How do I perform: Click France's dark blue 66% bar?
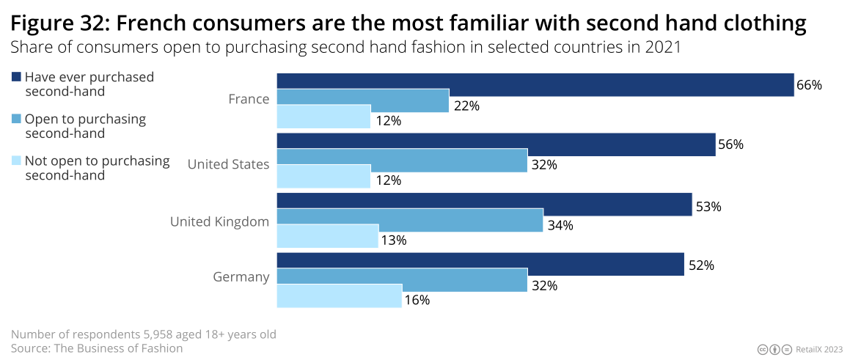point(535,84)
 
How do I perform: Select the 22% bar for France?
point(362,100)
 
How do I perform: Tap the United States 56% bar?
point(496,144)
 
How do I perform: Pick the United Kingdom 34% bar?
point(410,220)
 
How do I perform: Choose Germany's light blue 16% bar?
point(339,295)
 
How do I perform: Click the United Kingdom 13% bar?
point(327,235)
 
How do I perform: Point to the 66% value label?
point(809,85)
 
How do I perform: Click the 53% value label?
point(708,207)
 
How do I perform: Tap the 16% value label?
point(417,300)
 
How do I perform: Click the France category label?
point(249,99)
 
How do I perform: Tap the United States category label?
point(228,164)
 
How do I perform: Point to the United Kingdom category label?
point(219,221)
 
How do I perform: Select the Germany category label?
point(241,277)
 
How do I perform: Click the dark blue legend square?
point(16,77)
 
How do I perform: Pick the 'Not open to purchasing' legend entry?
point(97,167)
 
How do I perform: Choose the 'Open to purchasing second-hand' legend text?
point(85,125)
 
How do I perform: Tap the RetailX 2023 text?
point(819,350)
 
